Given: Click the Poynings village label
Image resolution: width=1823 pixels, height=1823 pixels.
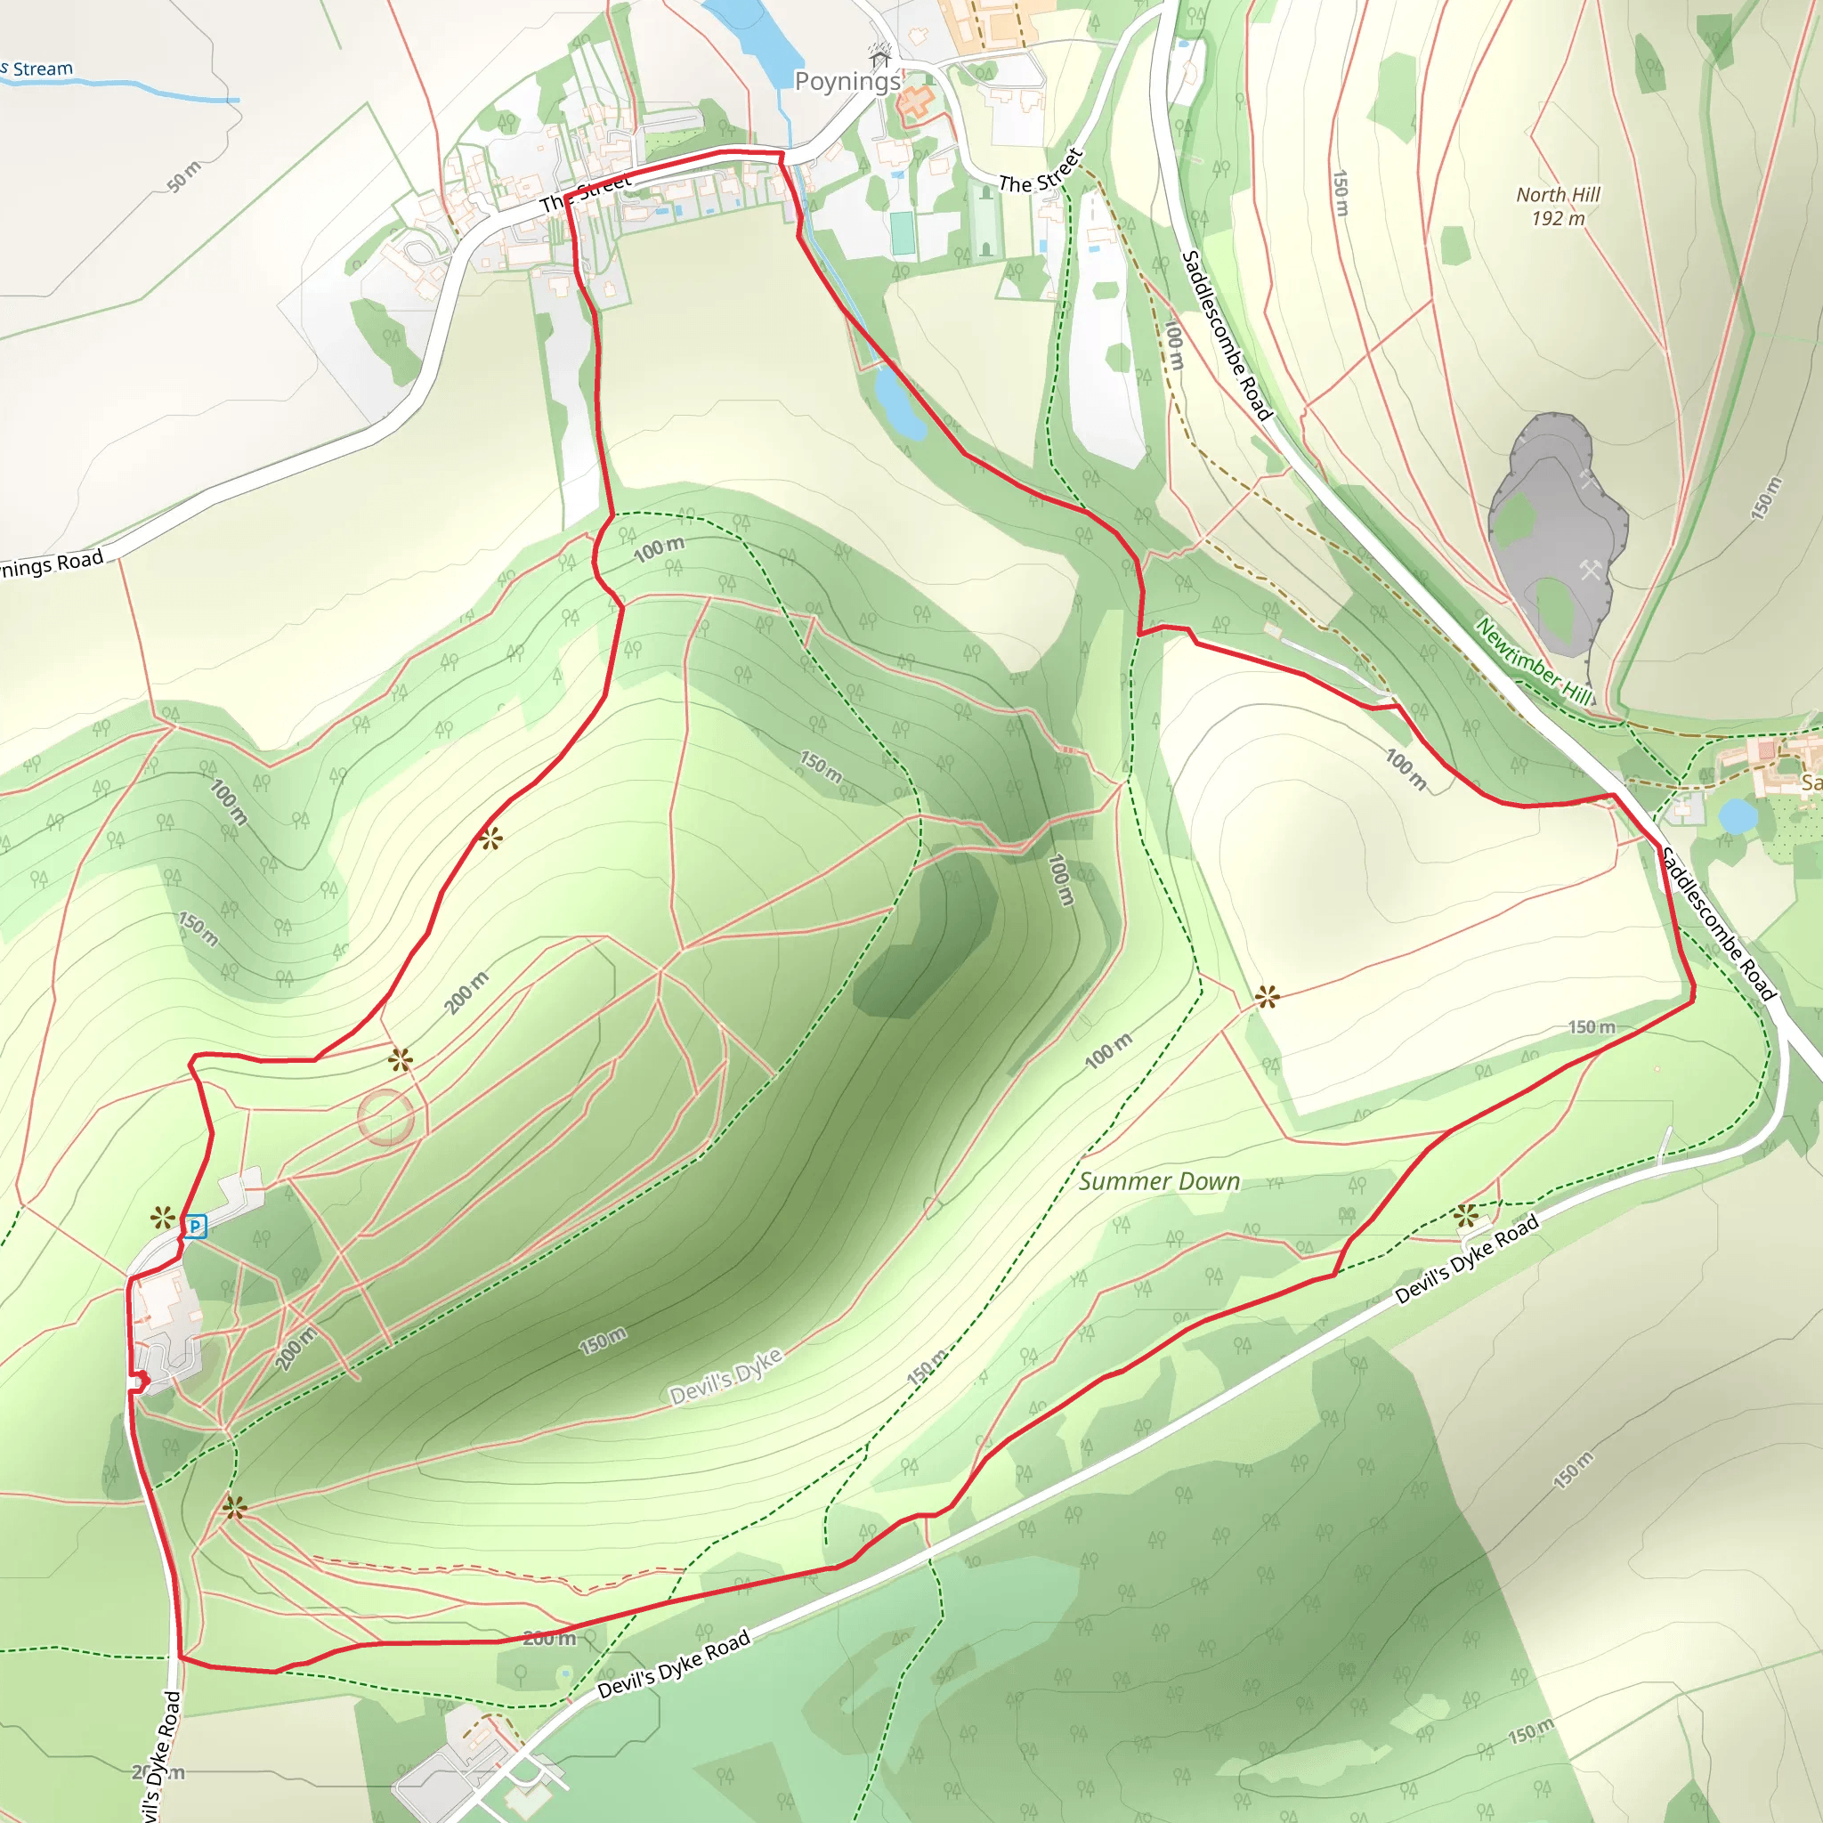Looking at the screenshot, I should pos(847,81).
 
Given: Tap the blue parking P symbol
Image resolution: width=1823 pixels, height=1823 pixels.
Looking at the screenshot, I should pos(194,1227).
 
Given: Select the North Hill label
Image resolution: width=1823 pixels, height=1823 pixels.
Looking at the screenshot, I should pos(1558,194).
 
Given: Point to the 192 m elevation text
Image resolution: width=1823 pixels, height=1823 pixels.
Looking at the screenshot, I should pos(1558,219).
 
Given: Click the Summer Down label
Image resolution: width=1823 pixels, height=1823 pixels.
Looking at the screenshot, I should pos(1159,1181).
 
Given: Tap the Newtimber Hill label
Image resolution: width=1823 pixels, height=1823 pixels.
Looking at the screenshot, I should pos(1535,661).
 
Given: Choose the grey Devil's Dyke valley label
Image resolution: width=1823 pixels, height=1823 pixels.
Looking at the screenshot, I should pos(725,1376).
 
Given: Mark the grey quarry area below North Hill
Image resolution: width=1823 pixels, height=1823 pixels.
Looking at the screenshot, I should pos(1552,529).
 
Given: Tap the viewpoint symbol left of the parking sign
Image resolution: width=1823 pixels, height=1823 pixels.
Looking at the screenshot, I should pos(163,1219).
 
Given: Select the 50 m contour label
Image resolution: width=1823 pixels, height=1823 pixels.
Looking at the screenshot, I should pos(184,176).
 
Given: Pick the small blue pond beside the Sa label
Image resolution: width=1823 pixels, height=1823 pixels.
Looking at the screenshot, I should pos(1736,816).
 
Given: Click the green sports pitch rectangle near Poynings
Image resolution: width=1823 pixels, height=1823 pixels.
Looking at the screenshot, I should pos(903,233).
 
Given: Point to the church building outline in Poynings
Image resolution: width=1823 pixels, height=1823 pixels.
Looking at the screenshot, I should pos(914,101).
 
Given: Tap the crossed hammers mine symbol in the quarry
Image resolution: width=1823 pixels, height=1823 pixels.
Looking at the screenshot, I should pos(1591,569).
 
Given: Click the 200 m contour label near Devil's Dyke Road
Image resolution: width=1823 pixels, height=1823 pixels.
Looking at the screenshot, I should pos(548,1638).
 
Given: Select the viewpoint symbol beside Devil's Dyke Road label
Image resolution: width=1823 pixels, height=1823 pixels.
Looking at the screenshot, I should pos(1465,1216).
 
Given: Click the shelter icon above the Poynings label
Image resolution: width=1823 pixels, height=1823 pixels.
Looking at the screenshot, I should pos(880,57).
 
